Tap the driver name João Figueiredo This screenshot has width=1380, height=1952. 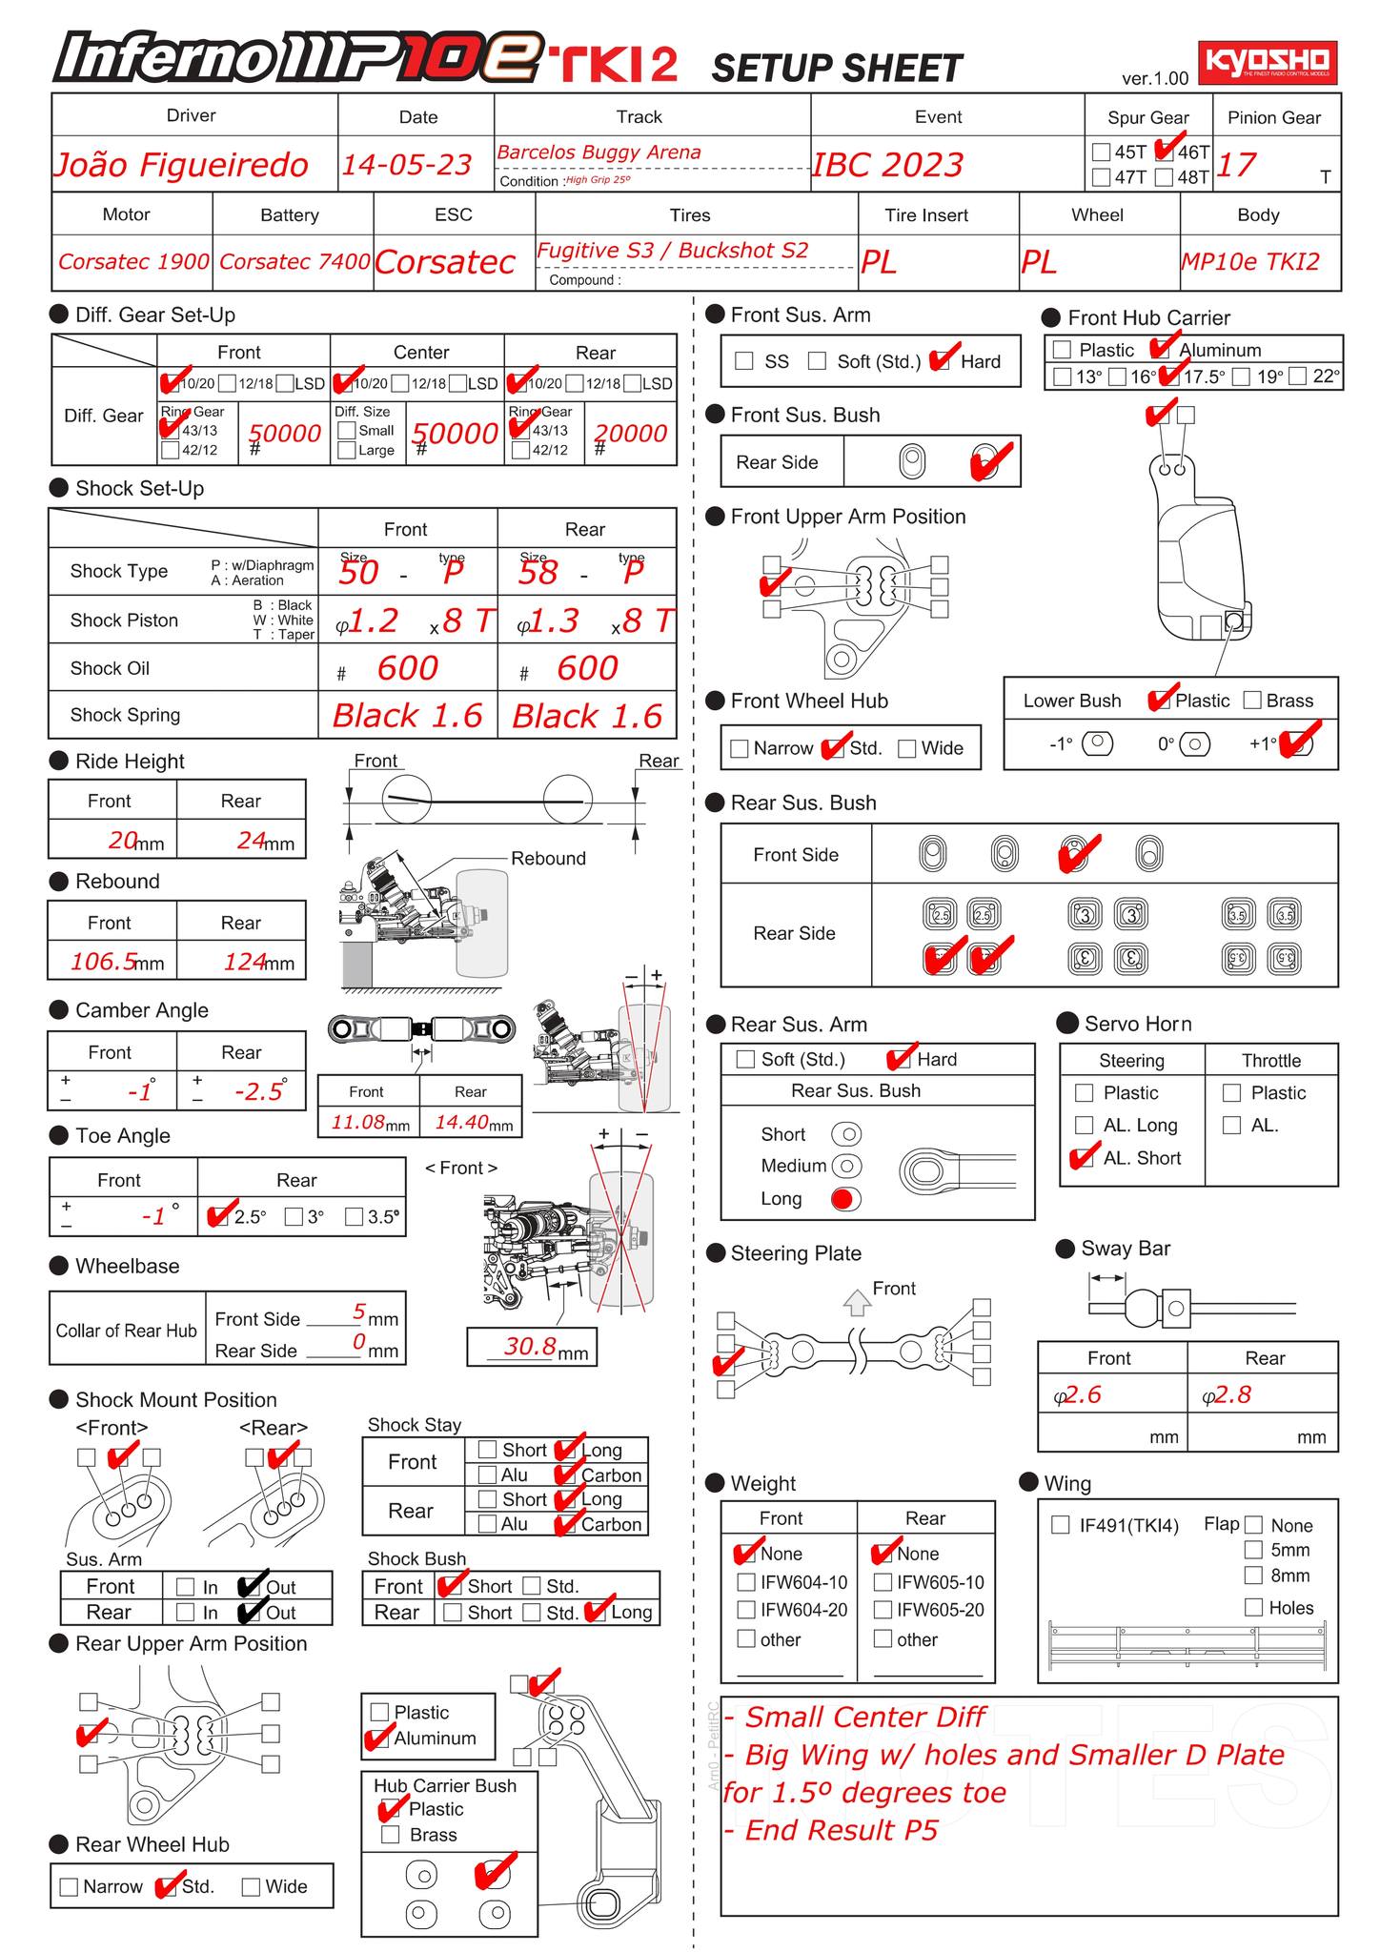(x=181, y=165)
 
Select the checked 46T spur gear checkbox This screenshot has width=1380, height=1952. (x=1165, y=151)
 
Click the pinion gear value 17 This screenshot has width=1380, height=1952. (x=1236, y=165)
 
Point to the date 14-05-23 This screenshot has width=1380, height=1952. (x=407, y=165)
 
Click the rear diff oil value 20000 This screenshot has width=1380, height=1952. (x=630, y=433)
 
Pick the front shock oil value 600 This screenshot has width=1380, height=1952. (x=407, y=668)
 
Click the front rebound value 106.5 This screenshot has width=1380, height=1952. (x=104, y=961)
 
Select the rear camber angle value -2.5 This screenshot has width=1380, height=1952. (x=258, y=1091)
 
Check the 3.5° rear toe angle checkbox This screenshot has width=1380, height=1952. (x=354, y=1216)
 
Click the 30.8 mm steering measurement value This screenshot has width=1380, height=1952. (x=530, y=1346)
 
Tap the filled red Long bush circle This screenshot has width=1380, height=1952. (x=844, y=1199)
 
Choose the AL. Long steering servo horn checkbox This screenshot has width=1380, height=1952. (x=1084, y=1126)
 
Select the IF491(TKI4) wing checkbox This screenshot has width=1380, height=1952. (x=1060, y=1525)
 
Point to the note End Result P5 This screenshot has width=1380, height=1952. (x=831, y=1830)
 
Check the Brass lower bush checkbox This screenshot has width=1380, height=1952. (x=1252, y=701)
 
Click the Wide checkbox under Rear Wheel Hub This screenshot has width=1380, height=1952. (x=251, y=1886)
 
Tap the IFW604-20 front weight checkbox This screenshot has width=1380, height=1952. (x=746, y=1610)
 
